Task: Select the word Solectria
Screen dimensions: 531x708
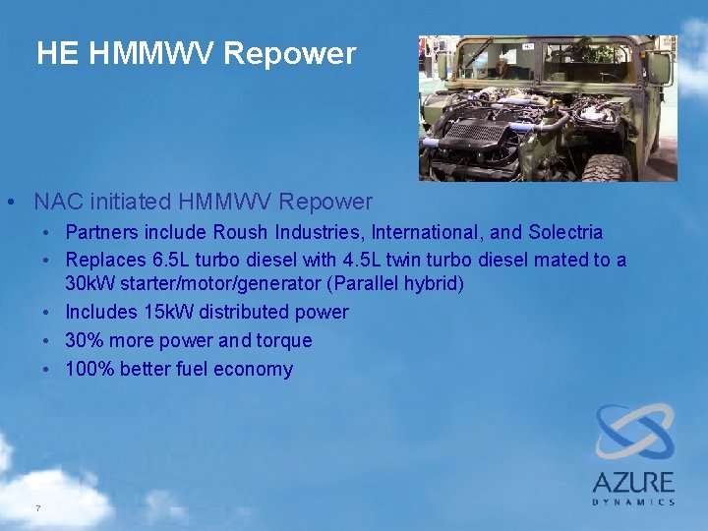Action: (x=565, y=233)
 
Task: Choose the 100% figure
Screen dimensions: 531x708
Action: (x=88, y=369)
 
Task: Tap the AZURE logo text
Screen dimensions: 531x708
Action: (x=633, y=482)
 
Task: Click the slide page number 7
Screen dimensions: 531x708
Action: (x=37, y=508)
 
